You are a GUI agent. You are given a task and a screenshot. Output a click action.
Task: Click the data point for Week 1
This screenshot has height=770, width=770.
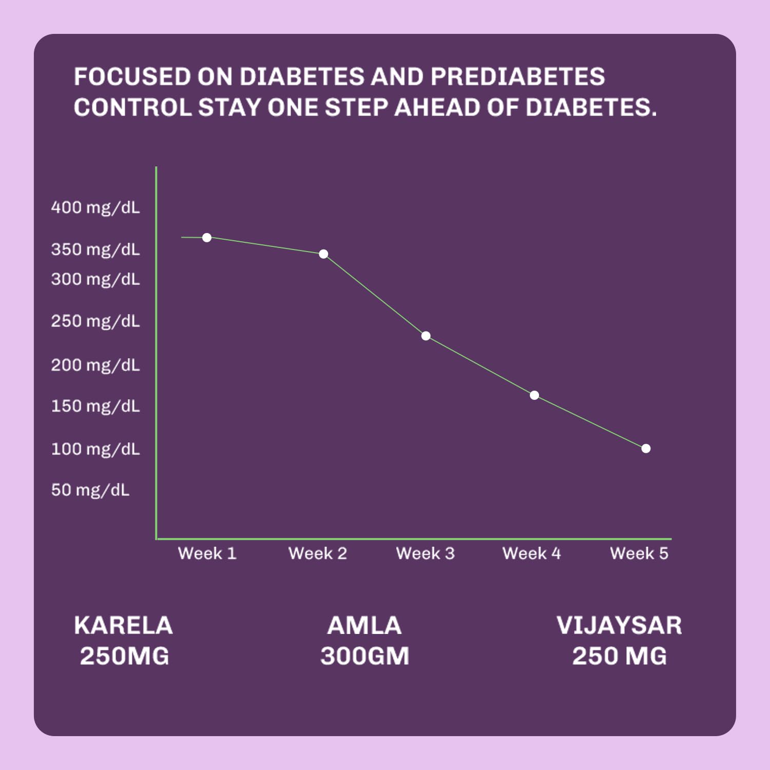207,238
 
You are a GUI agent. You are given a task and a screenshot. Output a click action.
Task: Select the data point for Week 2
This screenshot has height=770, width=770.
323,254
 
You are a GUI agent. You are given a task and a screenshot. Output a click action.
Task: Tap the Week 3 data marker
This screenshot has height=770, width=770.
426,336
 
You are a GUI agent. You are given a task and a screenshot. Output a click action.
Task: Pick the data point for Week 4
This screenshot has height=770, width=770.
534,395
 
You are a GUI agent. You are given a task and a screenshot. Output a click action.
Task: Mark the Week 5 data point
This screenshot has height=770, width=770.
646,449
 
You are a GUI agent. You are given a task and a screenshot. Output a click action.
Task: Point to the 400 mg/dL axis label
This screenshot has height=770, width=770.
95,208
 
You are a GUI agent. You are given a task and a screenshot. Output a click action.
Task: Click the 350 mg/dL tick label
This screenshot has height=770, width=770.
95,250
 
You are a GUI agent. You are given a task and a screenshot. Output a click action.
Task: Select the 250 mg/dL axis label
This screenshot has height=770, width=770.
95,321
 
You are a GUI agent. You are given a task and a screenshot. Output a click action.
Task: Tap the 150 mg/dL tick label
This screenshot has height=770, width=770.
95,407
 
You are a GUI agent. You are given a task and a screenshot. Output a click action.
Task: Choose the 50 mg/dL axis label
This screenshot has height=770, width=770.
90,490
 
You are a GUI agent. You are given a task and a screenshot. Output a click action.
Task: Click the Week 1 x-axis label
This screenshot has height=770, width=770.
207,553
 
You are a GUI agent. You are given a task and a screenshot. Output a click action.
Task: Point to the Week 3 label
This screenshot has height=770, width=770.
425,553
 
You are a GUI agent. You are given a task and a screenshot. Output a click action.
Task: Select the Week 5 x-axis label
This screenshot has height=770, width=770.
639,553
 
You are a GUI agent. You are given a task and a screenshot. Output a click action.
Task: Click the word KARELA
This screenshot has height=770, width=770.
124,625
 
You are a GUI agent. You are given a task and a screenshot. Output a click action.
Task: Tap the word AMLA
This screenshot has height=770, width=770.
364,625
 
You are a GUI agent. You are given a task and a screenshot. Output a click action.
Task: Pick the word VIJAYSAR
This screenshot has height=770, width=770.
619,625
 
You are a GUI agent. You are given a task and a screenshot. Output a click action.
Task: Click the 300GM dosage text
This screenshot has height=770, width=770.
364,656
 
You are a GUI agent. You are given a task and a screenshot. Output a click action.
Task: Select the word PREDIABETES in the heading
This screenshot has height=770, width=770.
517,77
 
